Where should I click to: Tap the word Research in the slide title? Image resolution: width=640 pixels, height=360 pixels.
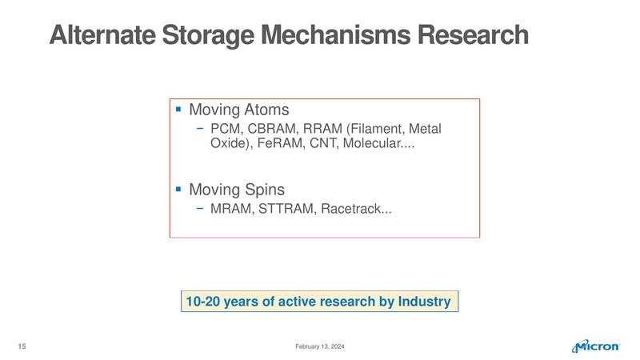[x=478, y=36]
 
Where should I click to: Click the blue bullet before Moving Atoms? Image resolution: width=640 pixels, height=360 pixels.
[x=178, y=108]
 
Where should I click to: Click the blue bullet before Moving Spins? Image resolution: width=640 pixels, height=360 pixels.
[x=178, y=190]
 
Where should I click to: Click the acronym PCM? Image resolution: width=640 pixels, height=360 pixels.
[x=226, y=129]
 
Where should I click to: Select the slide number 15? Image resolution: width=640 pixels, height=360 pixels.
[x=22, y=346]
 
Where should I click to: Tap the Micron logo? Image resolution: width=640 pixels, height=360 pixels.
[x=597, y=346]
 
